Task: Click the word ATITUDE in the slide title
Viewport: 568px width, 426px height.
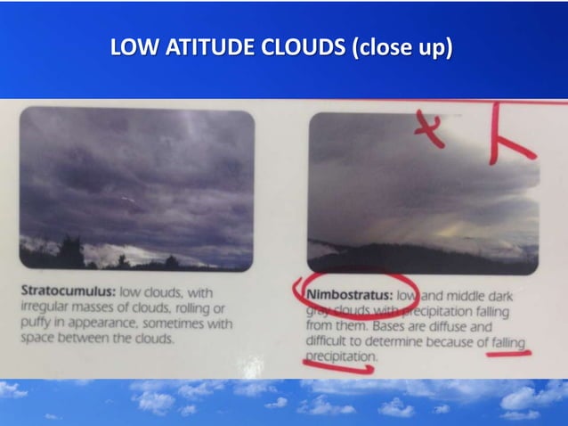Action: tap(212, 46)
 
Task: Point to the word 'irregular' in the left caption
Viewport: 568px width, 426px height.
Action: tap(45, 308)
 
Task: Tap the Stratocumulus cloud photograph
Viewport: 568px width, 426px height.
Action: tap(136, 187)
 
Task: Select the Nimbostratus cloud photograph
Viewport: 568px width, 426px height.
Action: tap(423, 192)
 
